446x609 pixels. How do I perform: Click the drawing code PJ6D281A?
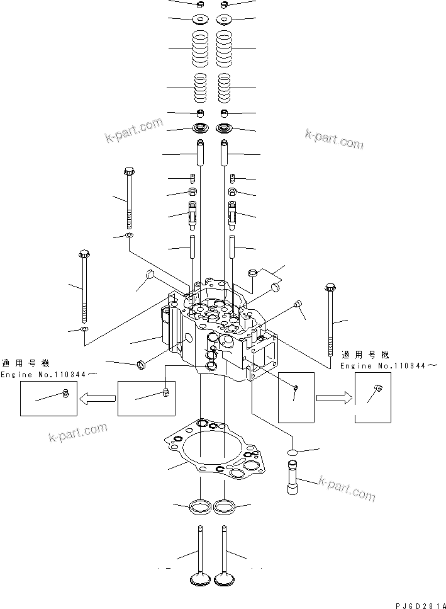[x=417, y=604]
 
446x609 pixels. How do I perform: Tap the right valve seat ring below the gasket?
[x=225, y=505]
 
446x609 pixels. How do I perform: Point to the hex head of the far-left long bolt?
[x=85, y=254]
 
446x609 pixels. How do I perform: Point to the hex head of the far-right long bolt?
[x=330, y=288]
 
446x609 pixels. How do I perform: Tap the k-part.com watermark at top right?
[x=334, y=139]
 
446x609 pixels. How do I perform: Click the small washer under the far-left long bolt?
[x=84, y=329]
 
